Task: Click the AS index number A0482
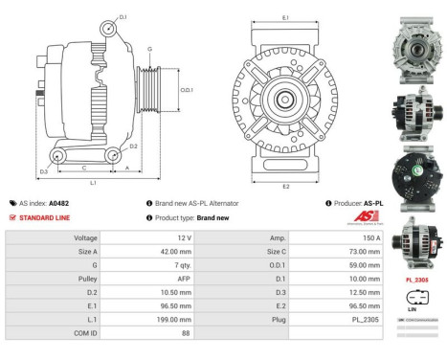click(x=58, y=203)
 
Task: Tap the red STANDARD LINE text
click(x=44, y=217)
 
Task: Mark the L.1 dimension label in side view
click(x=93, y=182)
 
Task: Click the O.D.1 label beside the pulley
click(x=187, y=90)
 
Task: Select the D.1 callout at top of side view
click(x=123, y=16)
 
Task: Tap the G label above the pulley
click(x=149, y=49)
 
